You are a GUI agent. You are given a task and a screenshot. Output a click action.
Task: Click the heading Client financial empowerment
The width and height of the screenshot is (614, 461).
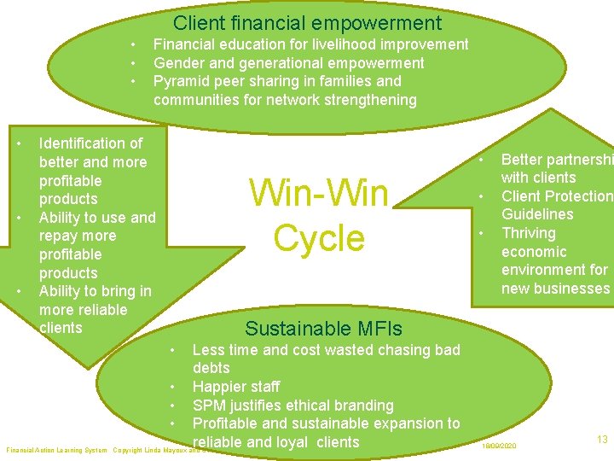[x=307, y=23]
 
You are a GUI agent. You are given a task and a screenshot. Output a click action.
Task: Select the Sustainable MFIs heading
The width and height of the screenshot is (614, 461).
[x=323, y=328]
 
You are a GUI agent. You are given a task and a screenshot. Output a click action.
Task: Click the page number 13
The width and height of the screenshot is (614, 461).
[x=602, y=440]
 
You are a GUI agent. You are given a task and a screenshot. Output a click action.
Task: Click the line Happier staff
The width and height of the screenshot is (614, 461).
[x=236, y=387]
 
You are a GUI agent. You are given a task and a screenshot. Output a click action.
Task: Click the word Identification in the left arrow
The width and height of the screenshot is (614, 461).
[x=90, y=143]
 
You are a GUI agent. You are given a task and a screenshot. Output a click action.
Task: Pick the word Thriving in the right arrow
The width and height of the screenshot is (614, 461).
[x=528, y=233]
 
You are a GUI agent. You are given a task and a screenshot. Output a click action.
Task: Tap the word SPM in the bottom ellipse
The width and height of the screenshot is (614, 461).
[x=209, y=406]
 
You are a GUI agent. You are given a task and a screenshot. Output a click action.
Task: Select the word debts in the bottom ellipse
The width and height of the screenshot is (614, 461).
[x=211, y=368]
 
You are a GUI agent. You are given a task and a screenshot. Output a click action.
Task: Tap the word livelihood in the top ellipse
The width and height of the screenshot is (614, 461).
[x=364, y=44]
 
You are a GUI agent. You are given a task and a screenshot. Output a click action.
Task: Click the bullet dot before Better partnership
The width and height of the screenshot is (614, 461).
[x=481, y=160]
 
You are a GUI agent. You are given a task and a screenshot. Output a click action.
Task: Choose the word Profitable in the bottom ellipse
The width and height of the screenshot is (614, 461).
[x=229, y=423]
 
